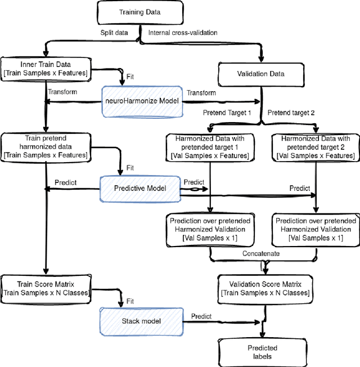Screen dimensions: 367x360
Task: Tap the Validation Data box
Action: [259, 73]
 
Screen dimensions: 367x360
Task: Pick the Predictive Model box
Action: [140, 187]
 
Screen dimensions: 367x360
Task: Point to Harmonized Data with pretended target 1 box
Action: [210, 147]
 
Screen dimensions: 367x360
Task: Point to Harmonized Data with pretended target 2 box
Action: [316, 147]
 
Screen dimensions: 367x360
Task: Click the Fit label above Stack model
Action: [130, 302]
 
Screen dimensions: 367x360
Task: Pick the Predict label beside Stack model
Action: [201, 316]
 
